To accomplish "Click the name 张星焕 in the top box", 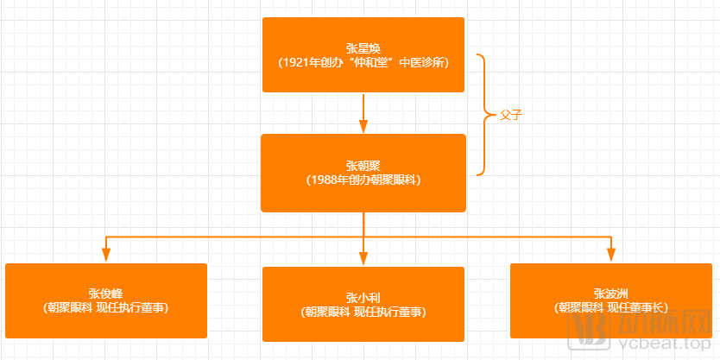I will click(363, 47).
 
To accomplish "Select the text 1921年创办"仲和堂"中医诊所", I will click(363, 62).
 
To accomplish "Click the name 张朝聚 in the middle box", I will click(363, 165).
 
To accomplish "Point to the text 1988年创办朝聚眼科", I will click(363, 180).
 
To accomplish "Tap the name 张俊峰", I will click(106, 293).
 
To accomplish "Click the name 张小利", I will click(363, 297).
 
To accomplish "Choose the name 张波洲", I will click(611, 293).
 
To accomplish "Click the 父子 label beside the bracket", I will click(513, 115).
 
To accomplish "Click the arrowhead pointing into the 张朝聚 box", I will click(363, 126).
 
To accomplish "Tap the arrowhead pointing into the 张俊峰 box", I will click(106, 254).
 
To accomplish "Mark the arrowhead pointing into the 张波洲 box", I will click(611, 254).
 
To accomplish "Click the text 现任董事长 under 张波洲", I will click(636, 306).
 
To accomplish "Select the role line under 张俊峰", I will click(106, 306).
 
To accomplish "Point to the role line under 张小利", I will click(363, 311).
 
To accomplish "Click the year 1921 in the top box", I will click(298, 62).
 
